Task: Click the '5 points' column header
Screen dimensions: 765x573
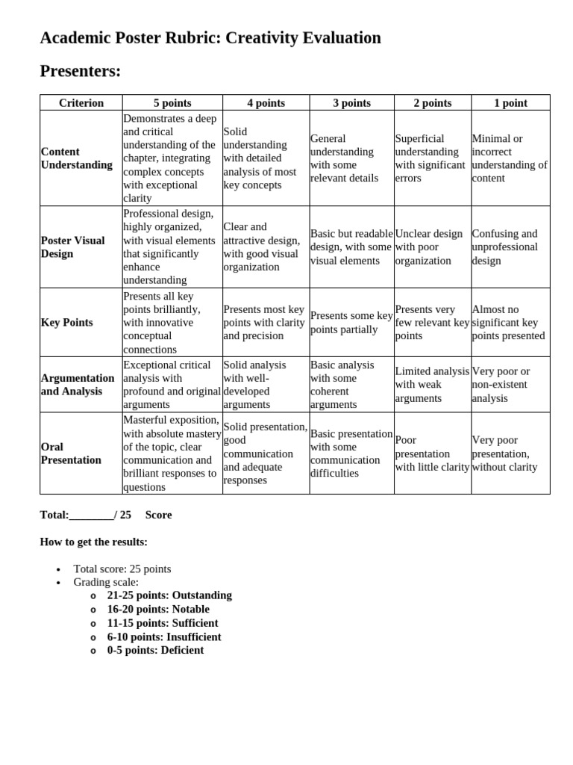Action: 172,103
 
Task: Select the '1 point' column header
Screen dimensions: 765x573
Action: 510,103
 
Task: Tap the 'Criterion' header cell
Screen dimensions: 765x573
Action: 81,103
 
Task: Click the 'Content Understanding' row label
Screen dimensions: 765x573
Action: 76,158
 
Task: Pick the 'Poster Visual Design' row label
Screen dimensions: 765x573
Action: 72,247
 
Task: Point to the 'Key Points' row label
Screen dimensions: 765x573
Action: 66,323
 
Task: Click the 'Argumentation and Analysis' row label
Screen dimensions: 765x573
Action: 78,385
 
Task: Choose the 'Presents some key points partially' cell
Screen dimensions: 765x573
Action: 351,323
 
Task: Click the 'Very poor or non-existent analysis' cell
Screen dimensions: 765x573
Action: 501,385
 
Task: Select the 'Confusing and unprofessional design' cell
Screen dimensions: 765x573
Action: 505,247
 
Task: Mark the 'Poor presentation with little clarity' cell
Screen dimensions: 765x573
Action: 432,453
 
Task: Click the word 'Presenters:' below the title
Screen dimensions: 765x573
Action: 80,71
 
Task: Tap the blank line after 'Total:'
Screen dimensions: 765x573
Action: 91,515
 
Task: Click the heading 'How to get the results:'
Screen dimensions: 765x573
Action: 93,542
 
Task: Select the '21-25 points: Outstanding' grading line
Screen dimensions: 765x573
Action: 169,595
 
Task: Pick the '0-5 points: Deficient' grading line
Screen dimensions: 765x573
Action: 155,650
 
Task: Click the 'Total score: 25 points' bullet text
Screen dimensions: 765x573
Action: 122,569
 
